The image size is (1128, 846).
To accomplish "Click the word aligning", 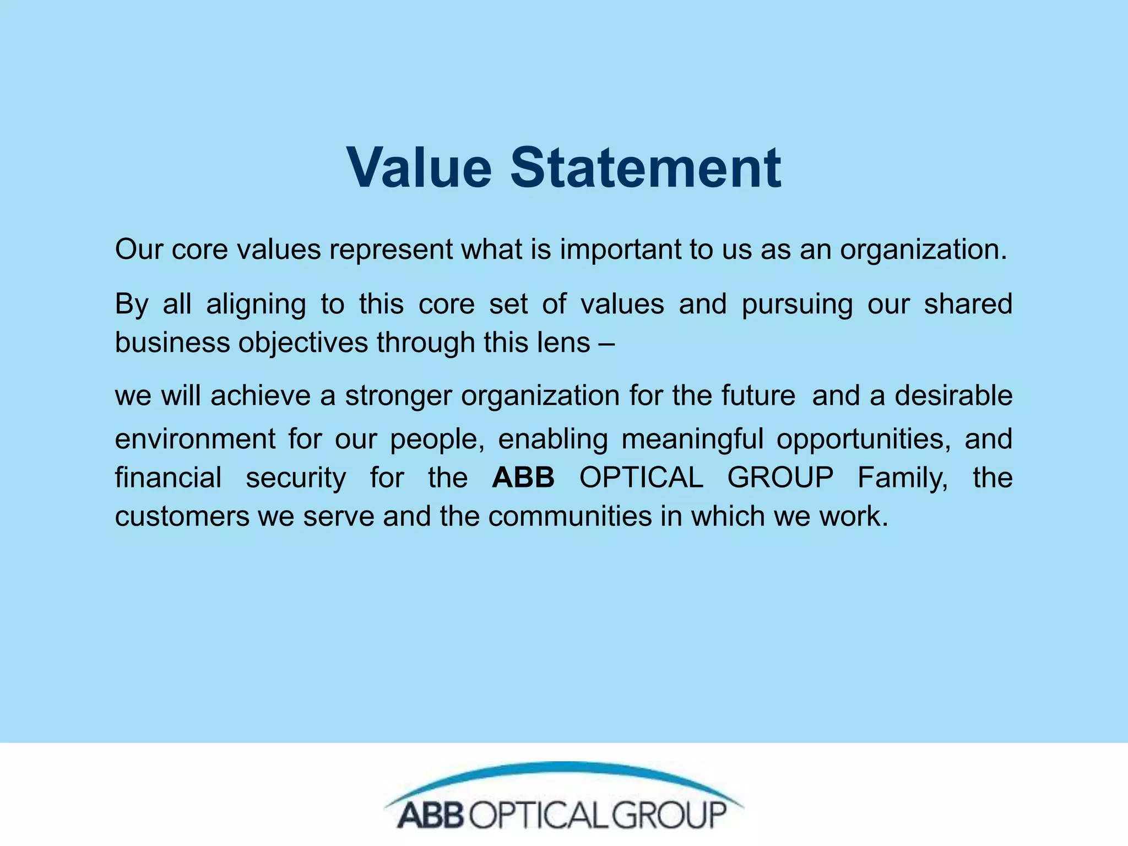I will point(256,304).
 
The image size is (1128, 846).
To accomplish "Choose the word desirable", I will point(953,395).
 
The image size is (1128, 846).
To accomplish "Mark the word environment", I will point(195,440).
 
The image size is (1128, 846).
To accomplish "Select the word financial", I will point(168,478).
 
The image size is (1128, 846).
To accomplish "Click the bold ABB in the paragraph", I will point(523,478).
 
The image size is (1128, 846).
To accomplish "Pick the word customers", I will point(182,517).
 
